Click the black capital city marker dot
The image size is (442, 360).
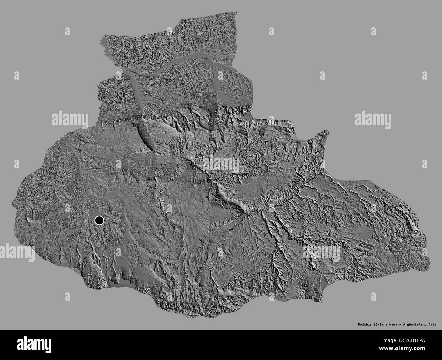[99, 221]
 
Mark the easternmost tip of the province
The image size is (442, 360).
[427, 263]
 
